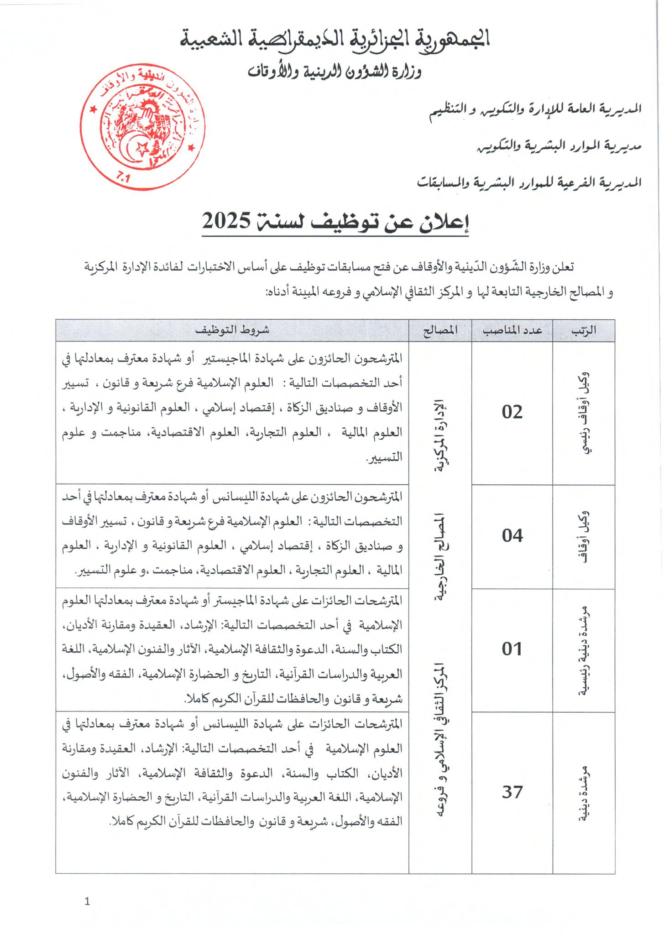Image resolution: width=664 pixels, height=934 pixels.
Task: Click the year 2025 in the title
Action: [226, 221]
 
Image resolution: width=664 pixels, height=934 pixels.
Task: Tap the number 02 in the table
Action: [512, 412]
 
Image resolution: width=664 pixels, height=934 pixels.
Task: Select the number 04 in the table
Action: [512, 536]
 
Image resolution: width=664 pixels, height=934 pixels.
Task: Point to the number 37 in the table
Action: [512, 792]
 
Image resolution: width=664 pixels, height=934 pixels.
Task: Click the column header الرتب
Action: [584, 331]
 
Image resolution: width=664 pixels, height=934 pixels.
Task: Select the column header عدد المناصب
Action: [512, 331]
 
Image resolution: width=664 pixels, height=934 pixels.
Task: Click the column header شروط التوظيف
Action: [232, 331]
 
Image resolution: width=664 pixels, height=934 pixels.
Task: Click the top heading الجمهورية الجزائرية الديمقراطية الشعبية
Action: [335, 40]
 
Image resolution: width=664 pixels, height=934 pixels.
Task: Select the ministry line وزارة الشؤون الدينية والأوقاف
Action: [335, 71]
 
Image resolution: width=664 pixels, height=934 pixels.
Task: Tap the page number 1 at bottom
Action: [88, 902]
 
